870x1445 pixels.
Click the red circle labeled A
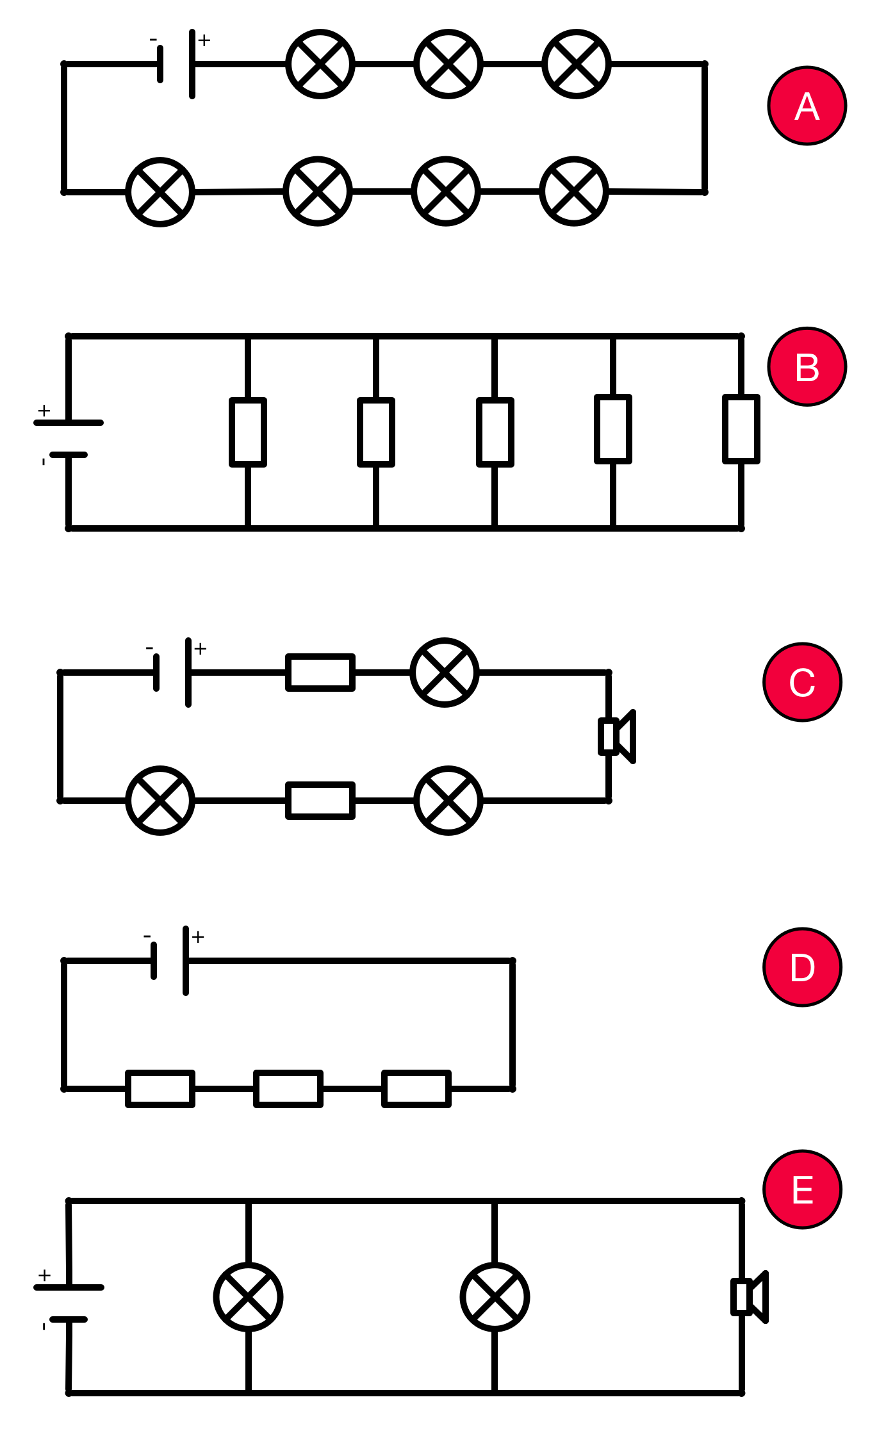click(x=807, y=106)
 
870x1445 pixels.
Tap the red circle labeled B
click(x=807, y=367)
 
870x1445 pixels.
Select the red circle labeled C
click(x=802, y=682)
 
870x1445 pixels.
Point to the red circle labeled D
click(x=802, y=967)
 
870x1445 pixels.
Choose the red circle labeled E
click(x=802, y=1189)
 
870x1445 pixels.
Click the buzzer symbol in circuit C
click(x=616, y=737)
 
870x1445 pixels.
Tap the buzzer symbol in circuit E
click(x=749, y=1297)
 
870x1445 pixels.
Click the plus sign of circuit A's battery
click(x=204, y=40)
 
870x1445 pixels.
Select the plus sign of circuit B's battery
click(x=44, y=411)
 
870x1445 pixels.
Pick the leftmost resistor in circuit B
click(x=248, y=432)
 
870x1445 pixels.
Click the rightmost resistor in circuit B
click(x=741, y=429)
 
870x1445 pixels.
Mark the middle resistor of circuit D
click(x=288, y=1088)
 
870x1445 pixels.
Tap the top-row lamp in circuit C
click(x=445, y=673)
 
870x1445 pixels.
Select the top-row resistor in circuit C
click(x=320, y=673)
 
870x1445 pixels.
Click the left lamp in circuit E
click(x=249, y=1297)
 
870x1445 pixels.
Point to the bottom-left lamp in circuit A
click(x=160, y=192)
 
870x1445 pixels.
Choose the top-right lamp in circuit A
click(x=577, y=64)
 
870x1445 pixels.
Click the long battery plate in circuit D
click(x=186, y=961)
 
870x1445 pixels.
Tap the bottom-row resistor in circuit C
click(x=320, y=801)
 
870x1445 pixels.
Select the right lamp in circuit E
click(x=495, y=1297)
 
